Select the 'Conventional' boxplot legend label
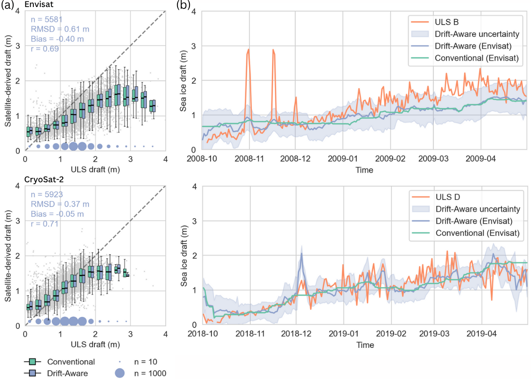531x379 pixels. pyautogui.click(x=71, y=362)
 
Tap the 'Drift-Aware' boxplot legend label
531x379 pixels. pyautogui.click(x=68, y=373)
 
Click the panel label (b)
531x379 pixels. pyautogui.click(x=183, y=5)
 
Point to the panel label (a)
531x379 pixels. pyautogui.click(x=7, y=5)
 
